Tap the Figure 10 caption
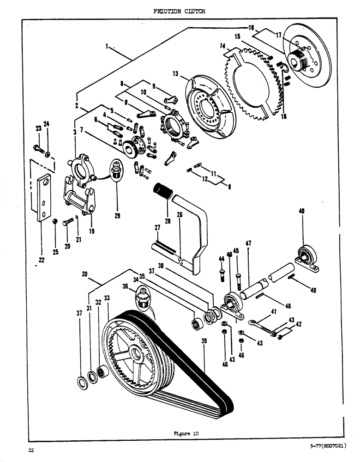tap(185, 433)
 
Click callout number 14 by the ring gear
tap(223, 46)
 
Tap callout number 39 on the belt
tap(204, 340)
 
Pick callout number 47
tap(248, 243)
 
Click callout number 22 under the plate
tap(41, 260)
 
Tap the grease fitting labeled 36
tap(143, 296)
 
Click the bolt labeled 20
tap(67, 223)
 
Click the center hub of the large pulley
tap(137, 352)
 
